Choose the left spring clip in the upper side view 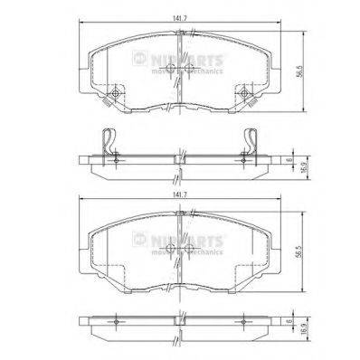pyautogui.click(x=109, y=141)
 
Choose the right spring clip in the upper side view pyautogui.click(x=251, y=141)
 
